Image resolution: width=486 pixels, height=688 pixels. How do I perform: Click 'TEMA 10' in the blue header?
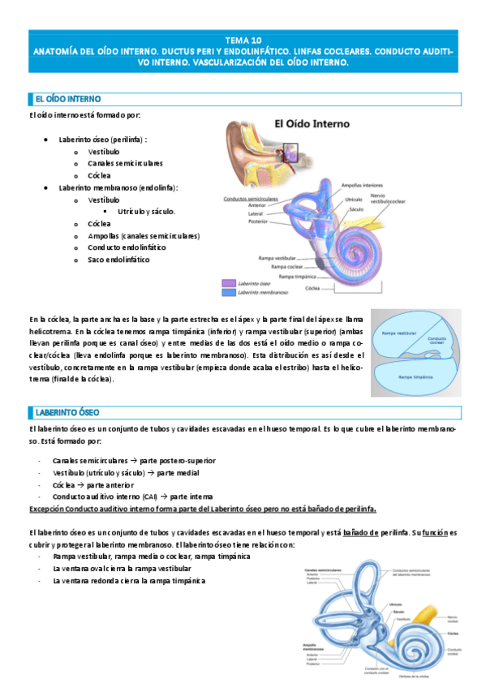click(243, 40)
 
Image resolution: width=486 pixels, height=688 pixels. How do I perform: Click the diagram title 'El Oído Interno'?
click(312, 125)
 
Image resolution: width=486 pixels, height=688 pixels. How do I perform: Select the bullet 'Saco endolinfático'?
click(118, 260)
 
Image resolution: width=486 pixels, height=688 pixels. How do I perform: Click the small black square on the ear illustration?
click(290, 151)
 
